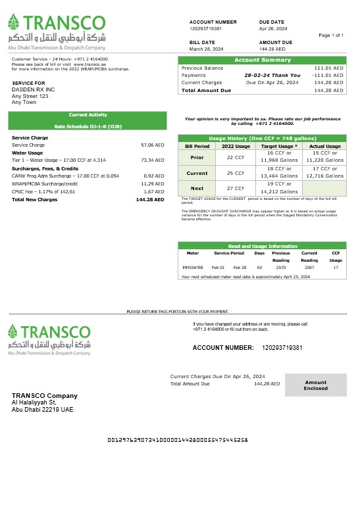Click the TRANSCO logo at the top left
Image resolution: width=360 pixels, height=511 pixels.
click(57, 32)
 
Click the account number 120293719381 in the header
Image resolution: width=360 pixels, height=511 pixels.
click(206, 29)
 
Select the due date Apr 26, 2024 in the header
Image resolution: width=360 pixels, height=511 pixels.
click(273, 29)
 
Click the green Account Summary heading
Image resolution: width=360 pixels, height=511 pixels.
click(262, 61)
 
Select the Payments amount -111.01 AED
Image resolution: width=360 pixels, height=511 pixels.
click(327, 76)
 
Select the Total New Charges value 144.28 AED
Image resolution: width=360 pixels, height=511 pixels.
click(150, 199)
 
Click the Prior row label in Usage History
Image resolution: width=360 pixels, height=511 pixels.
click(197, 158)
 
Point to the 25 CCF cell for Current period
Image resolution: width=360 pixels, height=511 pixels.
click(236, 173)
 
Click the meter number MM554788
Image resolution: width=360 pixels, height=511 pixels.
click(193, 268)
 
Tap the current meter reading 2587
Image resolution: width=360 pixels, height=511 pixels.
click(309, 268)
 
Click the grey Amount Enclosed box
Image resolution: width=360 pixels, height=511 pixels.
click(315, 385)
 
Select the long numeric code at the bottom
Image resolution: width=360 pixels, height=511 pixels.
click(178, 439)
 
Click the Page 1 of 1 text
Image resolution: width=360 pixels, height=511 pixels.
click(331, 35)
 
